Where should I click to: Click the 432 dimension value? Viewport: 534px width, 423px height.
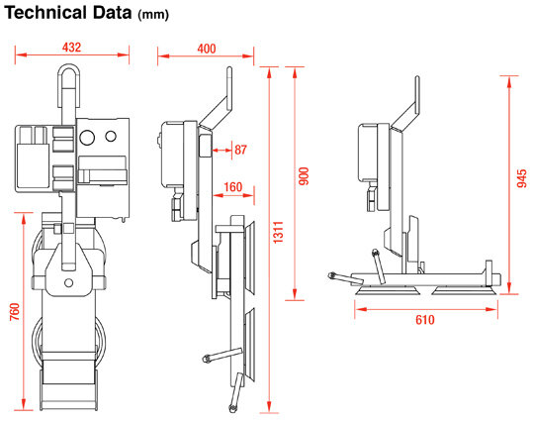(71, 48)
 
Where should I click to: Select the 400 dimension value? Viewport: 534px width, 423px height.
(207, 49)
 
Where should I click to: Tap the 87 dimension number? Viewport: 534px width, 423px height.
(240, 150)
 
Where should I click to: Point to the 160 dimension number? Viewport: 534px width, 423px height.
(233, 187)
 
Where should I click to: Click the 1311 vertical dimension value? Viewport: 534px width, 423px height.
(278, 233)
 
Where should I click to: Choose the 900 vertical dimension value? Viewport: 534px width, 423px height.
(304, 176)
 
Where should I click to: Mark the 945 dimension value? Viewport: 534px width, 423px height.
(521, 178)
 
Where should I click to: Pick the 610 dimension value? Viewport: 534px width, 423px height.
(425, 320)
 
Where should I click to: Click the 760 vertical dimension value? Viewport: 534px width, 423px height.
(15, 311)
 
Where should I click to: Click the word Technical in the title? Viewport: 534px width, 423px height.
(45, 13)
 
